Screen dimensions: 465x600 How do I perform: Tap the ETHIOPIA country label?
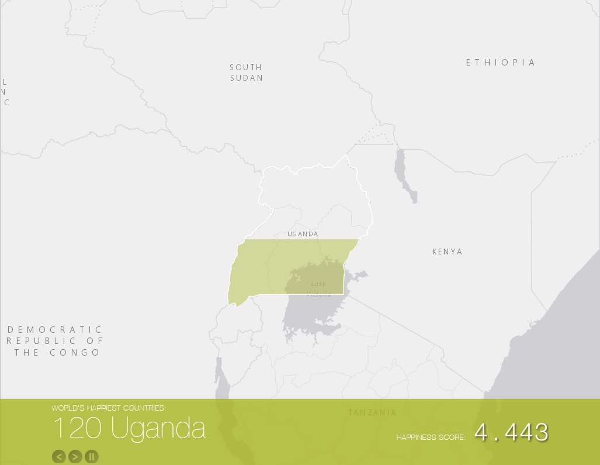(501, 63)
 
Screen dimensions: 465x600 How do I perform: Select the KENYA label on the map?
(447, 252)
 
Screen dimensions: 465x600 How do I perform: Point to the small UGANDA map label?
(303, 234)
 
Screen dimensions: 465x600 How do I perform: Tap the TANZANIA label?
(372, 412)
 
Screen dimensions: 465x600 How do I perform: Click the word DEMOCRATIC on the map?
(55, 330)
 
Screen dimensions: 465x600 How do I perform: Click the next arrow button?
(75, 456)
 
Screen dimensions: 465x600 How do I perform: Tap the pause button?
(92, 456)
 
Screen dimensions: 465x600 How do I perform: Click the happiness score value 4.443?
(511, 433)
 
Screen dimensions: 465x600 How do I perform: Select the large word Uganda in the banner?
(158, 428)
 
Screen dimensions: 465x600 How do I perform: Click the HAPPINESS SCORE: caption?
(431, 437)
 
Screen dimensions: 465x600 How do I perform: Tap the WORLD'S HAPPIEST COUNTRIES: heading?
(109, 408)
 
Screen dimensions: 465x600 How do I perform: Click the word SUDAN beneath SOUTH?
(247, 78)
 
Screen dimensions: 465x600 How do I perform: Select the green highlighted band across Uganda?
(263, 266)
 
